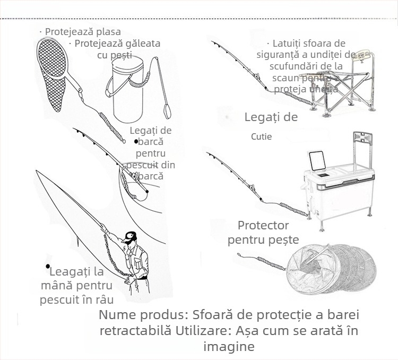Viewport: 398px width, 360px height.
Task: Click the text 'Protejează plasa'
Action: point(82,32)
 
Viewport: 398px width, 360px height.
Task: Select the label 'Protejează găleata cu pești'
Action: point(117,49)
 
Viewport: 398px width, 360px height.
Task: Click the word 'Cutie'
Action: point(261,136)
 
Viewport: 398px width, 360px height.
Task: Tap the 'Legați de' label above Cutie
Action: point(271,117)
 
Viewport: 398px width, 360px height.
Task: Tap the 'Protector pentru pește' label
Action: point(263,233)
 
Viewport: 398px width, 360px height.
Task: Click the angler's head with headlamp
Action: point(129,237)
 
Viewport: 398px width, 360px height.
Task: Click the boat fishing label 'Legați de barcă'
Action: point(151,136)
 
